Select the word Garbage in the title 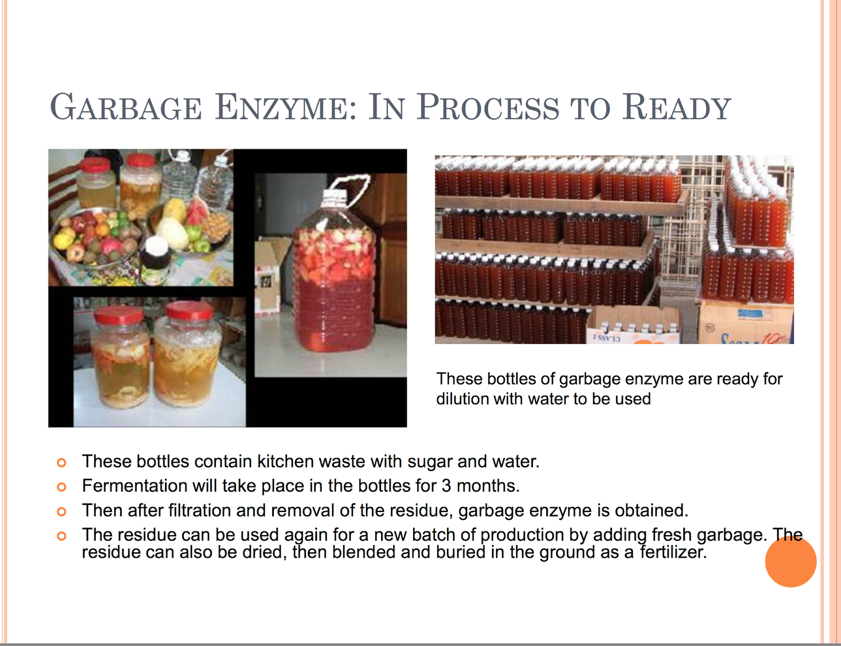(x=126, y=107)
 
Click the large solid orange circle (x=791, y=561)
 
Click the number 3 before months (x=446, y=486)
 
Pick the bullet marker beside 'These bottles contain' (x=61, y=462)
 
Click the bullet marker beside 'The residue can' (x=61, y=536)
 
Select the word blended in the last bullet (x=364, y=552)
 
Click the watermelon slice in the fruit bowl (x=197, y=210)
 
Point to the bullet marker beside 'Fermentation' (x=61, y=487)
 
